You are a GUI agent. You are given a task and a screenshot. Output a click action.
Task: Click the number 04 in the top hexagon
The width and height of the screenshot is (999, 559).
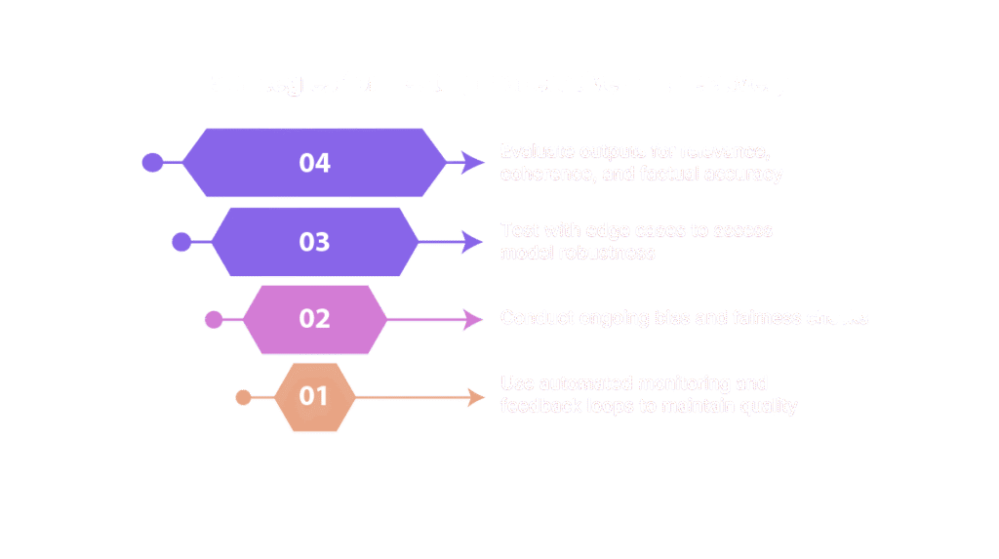pos(314,163)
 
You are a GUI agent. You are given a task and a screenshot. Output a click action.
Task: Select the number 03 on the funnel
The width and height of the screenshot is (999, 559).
pos(314,242)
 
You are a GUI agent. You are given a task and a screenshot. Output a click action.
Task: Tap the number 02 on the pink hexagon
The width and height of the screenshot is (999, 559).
pos(314,319)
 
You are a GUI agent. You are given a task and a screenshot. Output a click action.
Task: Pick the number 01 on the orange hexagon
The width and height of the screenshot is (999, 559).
pos(314,396)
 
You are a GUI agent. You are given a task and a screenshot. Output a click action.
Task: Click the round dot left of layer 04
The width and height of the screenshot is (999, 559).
pos(152,163)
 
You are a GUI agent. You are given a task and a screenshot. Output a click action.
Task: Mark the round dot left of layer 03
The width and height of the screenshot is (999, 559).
pos(181,242)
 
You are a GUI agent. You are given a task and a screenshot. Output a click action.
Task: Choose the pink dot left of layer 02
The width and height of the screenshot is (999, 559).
pos(214,319)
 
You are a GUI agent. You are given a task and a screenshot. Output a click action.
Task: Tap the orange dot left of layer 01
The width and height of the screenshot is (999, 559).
pos(244,396)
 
